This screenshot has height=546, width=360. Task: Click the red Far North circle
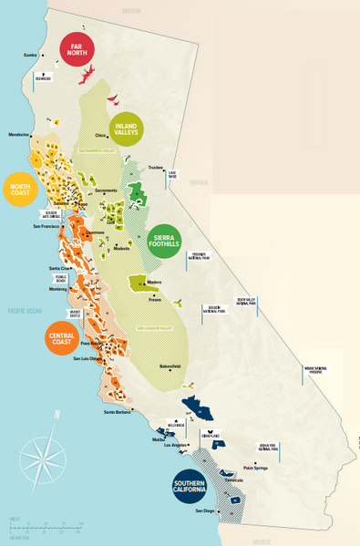pos(78,50)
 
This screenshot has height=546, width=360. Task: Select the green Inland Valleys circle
pos(128,130)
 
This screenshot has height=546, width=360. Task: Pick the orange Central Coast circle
pos(62,337)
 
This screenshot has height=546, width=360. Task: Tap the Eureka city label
pos(30,55)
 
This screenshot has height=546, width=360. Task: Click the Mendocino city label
pos(18,135)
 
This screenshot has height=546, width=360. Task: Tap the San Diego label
pos(205,510)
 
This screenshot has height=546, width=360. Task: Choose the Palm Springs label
pos(254,468)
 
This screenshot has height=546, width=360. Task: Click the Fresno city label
pos(155,299)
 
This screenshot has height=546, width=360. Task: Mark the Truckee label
pos(156,168)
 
